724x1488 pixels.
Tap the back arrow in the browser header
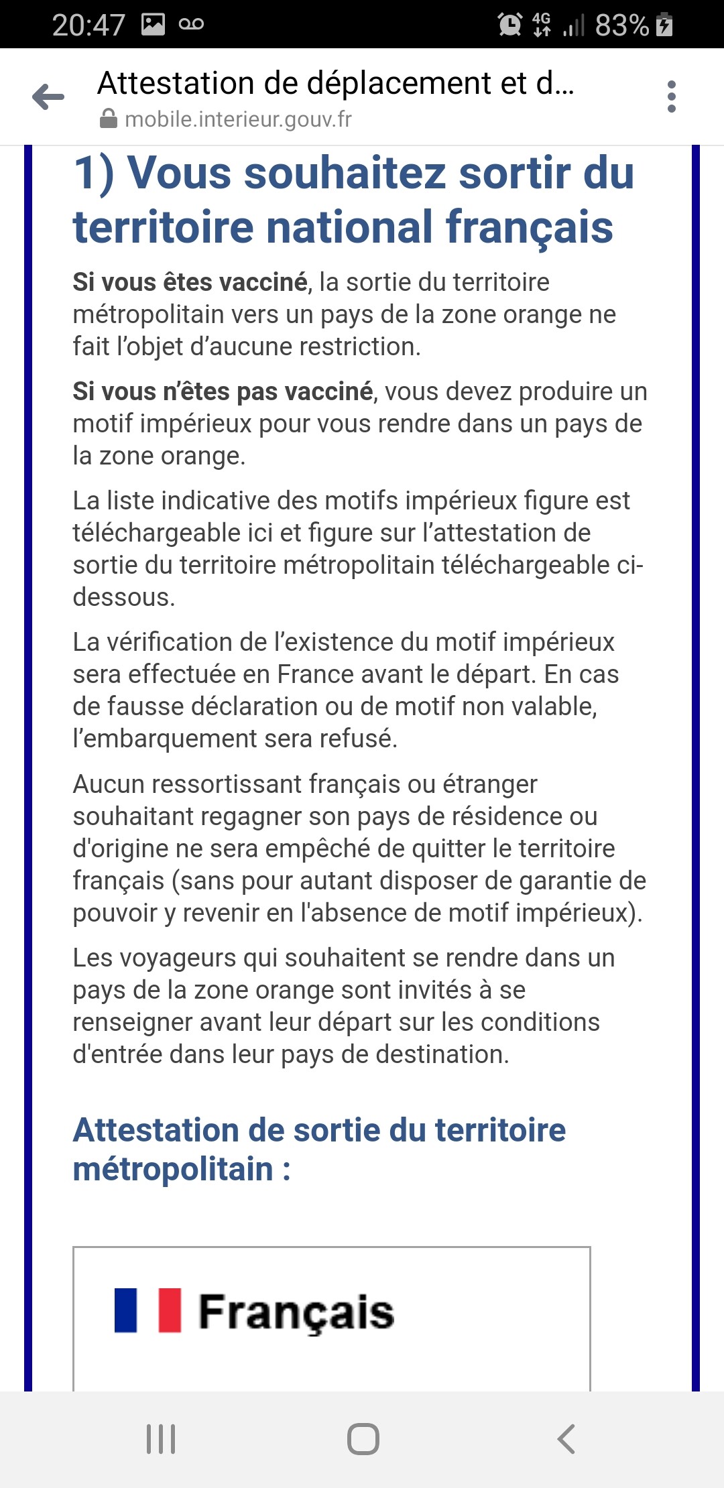(x=48, y=97)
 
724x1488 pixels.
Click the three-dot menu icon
(x=672, y=97)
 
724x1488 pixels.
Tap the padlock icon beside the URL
(x=108, y=119)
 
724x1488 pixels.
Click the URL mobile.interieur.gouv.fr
(x=238, y=119)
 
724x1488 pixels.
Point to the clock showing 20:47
(x=88, y=25)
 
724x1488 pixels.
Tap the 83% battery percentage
(x=621, y=25)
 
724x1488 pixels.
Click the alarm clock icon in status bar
(x=509, y=25)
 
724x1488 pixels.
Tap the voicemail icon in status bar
(x=191, y=25)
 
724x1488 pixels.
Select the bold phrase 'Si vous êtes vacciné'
(x=190, y=282)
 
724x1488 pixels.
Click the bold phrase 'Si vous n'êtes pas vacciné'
(x=223, y=391)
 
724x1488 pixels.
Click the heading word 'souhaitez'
(x=345, y=173)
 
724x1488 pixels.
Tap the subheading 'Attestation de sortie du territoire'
(x=319, y=1130)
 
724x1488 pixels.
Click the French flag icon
(x=147, y=1310)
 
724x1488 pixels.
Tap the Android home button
(x=363, y=1439)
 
